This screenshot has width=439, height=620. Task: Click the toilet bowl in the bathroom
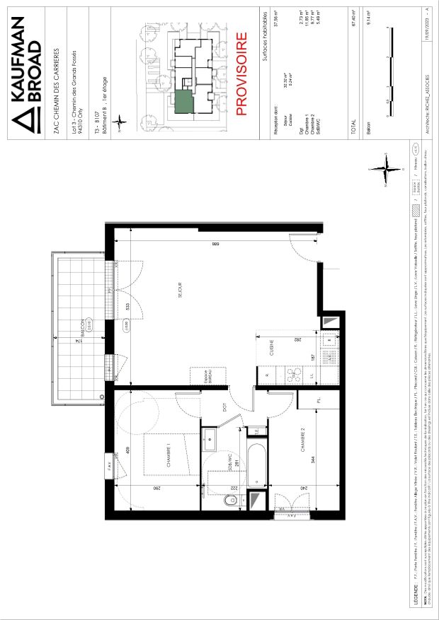point(228,501)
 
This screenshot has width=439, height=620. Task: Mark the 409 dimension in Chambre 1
point(126,450)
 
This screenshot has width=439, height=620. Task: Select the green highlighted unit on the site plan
point(183,101)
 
